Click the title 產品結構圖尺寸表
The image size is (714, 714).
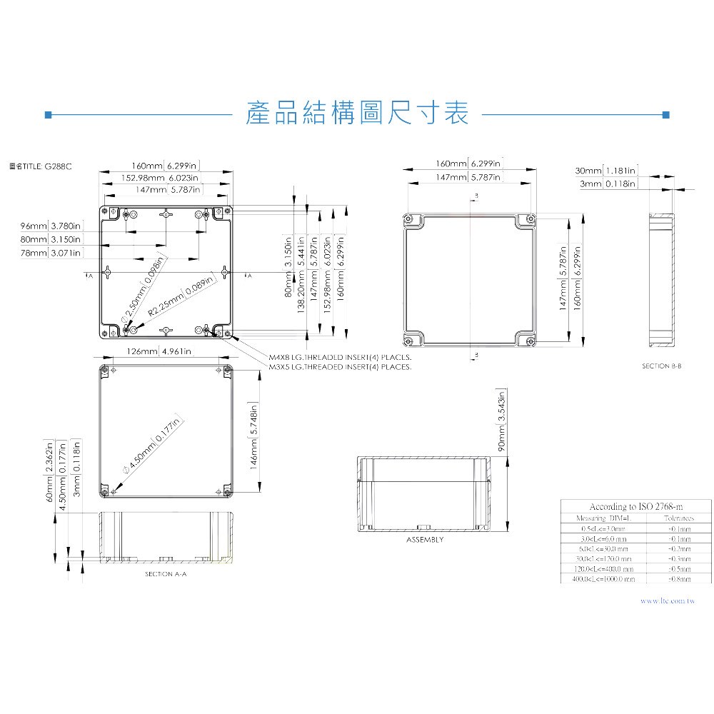coord(356,114)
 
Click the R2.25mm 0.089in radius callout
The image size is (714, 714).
coord(181,296)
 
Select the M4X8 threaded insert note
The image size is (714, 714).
coord(340,357)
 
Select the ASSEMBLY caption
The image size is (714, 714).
coord(425,540)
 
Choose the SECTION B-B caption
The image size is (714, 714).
coord(662,366)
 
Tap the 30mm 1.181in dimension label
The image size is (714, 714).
coord(605,171)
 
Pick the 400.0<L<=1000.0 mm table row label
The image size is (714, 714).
coord(603,579)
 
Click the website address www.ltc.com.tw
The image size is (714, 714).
coord(668,602)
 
